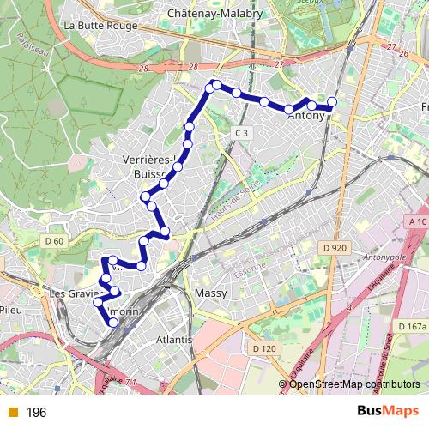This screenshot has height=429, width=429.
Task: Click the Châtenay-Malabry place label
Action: coord(208,14)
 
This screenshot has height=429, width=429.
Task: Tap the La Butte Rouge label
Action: coord(101,25)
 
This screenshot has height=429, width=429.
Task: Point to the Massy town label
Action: coord(210,293)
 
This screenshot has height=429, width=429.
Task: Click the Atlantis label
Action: coord(174,340)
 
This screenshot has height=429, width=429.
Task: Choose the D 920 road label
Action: coord(335,248)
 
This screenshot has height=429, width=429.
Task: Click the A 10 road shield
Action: coord(418,221)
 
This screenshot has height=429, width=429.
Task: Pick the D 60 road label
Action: coord(53,241)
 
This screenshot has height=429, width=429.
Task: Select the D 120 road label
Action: coord(264,348)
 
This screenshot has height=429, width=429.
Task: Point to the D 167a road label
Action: coord(412,327)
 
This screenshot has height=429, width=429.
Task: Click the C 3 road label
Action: coord(243,133)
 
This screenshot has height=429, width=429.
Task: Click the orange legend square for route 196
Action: coord(12,413)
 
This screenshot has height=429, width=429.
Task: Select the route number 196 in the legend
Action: coord(36,413)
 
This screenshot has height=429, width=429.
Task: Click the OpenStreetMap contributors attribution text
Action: coord(354,384)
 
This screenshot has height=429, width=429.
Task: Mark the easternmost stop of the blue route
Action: coord(332,103)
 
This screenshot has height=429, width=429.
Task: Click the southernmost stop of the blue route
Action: coord(113,323)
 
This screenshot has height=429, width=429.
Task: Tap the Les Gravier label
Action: coord(76,293)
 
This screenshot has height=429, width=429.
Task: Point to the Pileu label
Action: coord(14,309)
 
